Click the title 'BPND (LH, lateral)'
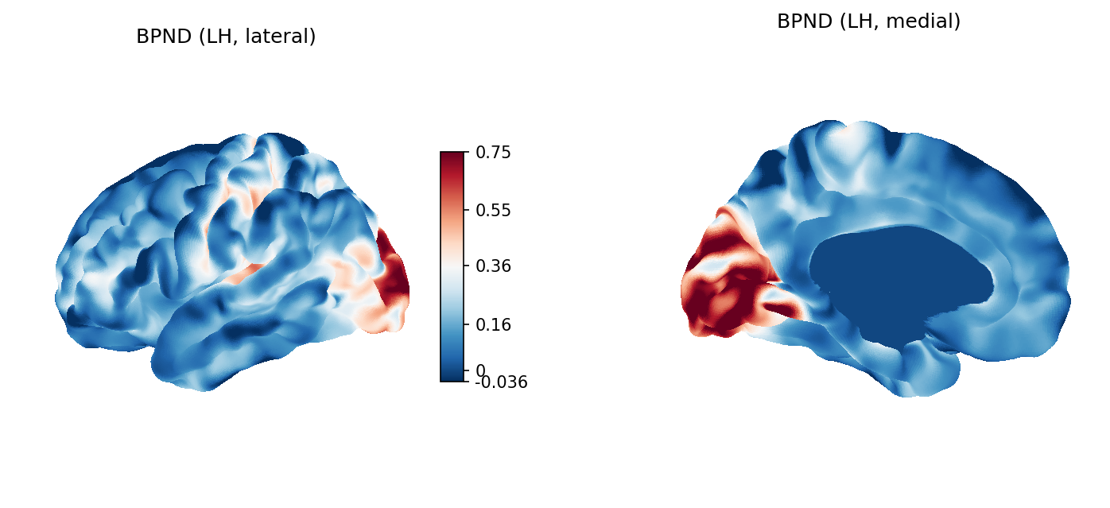[226, 37]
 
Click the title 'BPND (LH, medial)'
[868, 22]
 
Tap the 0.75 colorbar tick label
[493, 153]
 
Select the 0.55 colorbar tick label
[493, 211]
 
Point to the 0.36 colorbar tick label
[493, 266]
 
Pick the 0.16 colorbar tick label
[493, 324]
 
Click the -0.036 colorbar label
[502, 382]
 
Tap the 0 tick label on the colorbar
[480, 370]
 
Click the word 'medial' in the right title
[925, 22]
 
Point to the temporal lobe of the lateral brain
[239, 334]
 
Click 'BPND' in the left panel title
[161, 37]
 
